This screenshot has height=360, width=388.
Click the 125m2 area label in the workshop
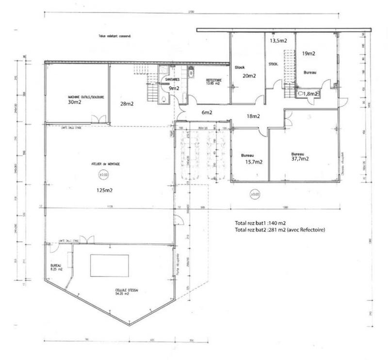click(104, 190)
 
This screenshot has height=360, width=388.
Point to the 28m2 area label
click(127, 103)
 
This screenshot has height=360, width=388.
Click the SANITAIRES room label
click(173, 79)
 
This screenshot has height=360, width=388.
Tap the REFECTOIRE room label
click(213, 80)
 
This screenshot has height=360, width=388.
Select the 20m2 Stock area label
click(249, 76)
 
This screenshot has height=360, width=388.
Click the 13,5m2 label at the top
click(278, 41)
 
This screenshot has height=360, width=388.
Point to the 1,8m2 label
click(311, 94)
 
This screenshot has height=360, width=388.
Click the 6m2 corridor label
click(207, 112)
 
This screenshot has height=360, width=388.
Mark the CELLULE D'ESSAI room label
click(122, 291)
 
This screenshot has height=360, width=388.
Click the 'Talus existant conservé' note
click(115, 36)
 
